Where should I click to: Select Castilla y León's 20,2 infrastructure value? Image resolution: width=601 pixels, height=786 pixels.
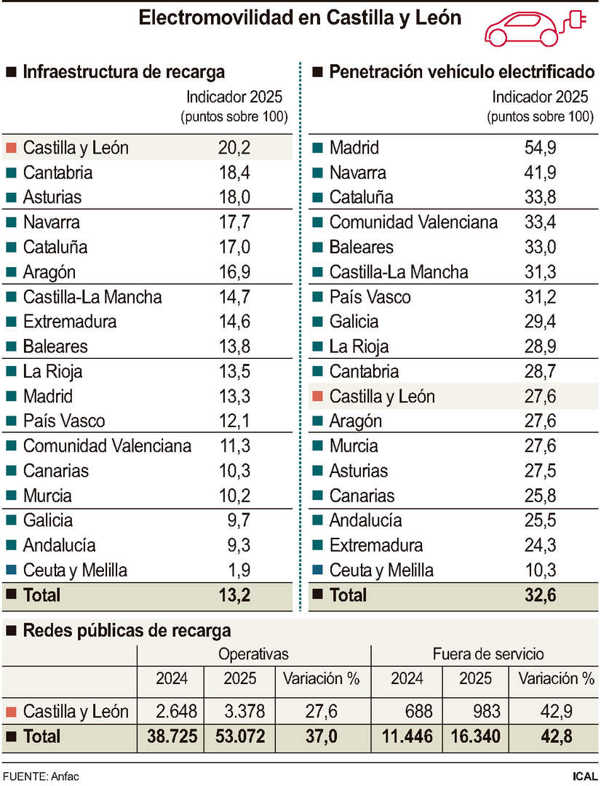(234, 148)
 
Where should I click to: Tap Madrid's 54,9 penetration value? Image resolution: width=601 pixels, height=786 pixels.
(540, 148)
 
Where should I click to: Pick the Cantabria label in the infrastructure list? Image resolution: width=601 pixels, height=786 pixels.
(57, 172)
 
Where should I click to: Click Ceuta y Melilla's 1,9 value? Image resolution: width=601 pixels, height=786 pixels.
(239, 570)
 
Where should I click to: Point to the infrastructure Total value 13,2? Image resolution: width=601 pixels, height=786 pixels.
(234, 595)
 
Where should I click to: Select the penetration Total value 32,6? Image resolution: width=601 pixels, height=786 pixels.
(540, 595)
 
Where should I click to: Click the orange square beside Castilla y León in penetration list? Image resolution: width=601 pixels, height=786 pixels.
(317, 397)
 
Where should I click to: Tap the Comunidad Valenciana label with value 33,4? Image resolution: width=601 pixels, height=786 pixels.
(413, 222)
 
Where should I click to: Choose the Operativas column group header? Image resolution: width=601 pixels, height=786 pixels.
(253, 654)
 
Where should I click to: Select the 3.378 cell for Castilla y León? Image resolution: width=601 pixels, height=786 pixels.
(240, 711)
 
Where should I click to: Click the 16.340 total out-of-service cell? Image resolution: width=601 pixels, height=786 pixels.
(476, 737)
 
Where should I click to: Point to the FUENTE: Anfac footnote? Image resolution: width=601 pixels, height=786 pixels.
(40, 776)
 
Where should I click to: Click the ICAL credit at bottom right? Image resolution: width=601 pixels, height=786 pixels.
(585, 776)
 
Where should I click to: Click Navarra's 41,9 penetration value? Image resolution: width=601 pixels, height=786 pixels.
(540, 172)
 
